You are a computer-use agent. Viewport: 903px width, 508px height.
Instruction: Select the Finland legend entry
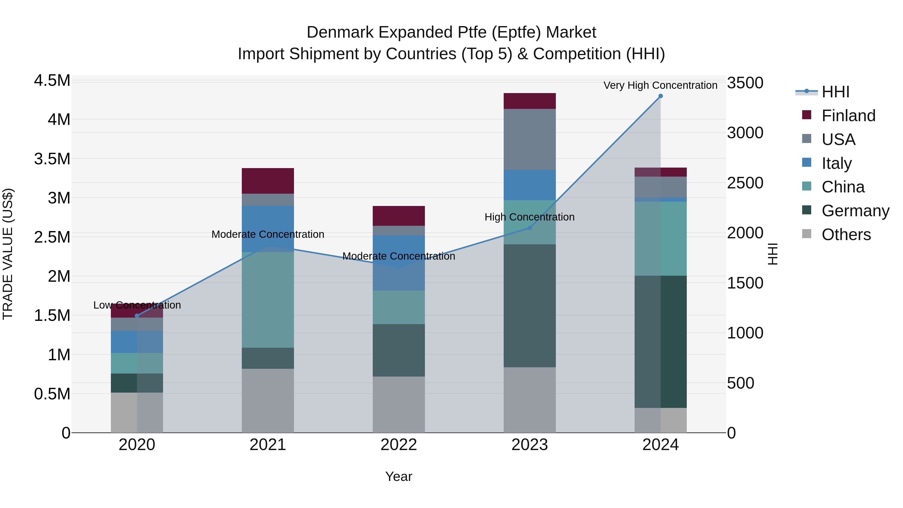(848, 116)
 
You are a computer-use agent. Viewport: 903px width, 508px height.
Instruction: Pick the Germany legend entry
(855, 211)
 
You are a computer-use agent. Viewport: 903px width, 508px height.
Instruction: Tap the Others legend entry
(846, 235)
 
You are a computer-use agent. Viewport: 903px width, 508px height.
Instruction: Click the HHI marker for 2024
(660, 96)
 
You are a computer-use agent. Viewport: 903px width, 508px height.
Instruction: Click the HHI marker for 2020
(137, 316)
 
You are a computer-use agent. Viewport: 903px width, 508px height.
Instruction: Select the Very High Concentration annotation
(660, 85)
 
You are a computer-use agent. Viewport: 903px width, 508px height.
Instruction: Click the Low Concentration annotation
(137, 305)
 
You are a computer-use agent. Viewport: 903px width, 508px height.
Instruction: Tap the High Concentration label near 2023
(529, 217)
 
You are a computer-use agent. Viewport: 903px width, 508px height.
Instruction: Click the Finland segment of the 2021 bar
(268, 181)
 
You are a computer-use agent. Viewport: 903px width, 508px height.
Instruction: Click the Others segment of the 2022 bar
(399, 405)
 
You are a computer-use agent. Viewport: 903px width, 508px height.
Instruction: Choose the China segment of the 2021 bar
(268, 300)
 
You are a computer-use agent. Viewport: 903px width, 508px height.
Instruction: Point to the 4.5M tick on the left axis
(52, 81)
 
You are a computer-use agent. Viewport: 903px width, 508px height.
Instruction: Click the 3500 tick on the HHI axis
(745, 83)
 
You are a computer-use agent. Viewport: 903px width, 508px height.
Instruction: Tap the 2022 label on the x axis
(399, 445)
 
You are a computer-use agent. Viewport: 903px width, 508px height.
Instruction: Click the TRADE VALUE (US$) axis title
(8, 254)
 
